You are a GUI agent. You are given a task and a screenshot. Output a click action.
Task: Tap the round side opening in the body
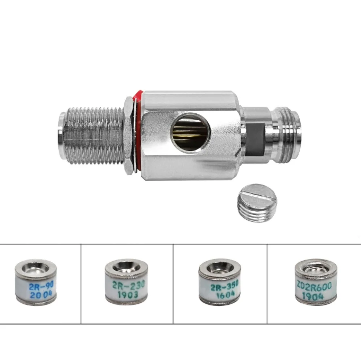190,132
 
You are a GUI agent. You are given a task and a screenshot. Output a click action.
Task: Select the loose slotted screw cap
257,203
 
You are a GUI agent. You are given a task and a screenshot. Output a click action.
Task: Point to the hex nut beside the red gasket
129,136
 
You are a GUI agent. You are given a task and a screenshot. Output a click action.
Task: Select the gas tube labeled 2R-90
36,282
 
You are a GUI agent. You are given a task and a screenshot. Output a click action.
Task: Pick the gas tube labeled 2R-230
126,282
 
